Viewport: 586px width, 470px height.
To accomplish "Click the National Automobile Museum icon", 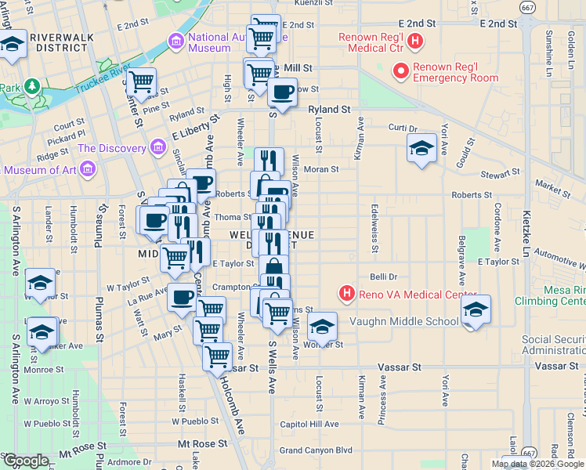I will coord(175,41).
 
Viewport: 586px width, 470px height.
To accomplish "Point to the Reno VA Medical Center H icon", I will coord(346,295).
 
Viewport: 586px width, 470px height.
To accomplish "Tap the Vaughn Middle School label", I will coord(404,321).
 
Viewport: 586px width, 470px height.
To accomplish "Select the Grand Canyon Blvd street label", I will coord(316,450).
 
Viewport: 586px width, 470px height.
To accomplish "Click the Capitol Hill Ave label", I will coord(309,424).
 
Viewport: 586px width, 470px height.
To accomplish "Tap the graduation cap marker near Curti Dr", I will coord(421,147).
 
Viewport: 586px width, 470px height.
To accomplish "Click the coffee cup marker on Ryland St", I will coord(282,92).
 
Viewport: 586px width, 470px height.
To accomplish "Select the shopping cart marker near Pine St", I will coord(141,81).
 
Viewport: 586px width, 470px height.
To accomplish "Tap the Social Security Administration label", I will coord(552,345).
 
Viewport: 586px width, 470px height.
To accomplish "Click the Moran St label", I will coord(320,168).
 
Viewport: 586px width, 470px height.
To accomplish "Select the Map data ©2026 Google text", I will coord(538,464).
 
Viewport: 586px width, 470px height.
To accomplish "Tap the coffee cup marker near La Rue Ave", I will coord(182,298).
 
